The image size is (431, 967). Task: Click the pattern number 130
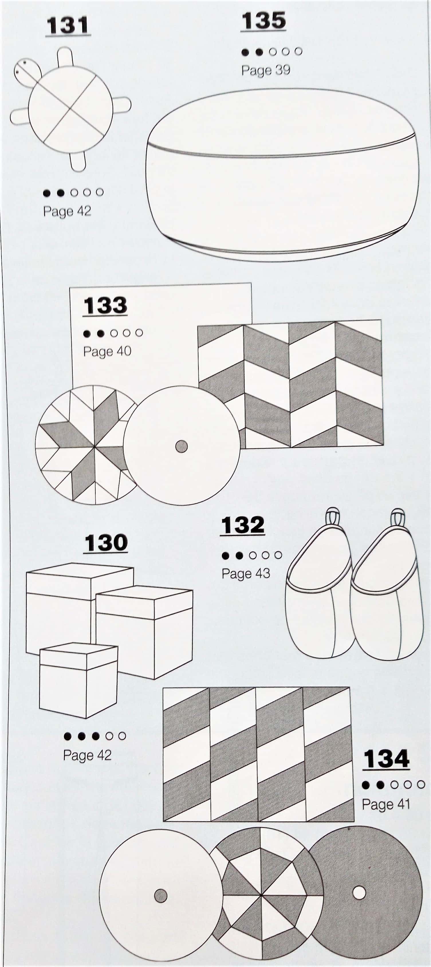point(106,543)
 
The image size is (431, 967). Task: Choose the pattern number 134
point(386,759)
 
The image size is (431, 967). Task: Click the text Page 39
point(266,70)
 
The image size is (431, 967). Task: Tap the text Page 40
point(107,351)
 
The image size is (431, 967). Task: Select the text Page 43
point(246,574)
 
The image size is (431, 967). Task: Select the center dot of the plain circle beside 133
point(182,446)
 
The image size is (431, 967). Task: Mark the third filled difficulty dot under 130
point(96,736)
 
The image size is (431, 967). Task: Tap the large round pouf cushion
point(282,175)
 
